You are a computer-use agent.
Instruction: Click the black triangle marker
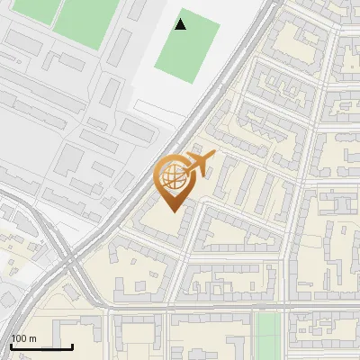(x=181, y=24)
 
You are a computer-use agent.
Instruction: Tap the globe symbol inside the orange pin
(x=172, y=175)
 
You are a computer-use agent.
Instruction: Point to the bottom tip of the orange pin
(x=172, y=211)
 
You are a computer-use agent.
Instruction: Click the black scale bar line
(x=41, y=347)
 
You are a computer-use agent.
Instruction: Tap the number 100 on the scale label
(x=21, y=338)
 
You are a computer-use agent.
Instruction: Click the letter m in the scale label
(x=33, y=338)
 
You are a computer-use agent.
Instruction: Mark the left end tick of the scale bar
(x=11, y=346)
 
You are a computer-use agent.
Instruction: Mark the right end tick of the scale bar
(x=72, y=346)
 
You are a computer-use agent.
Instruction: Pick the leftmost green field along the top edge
(x=35, y=10)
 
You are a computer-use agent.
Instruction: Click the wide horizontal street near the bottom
(x=225, y=309)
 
